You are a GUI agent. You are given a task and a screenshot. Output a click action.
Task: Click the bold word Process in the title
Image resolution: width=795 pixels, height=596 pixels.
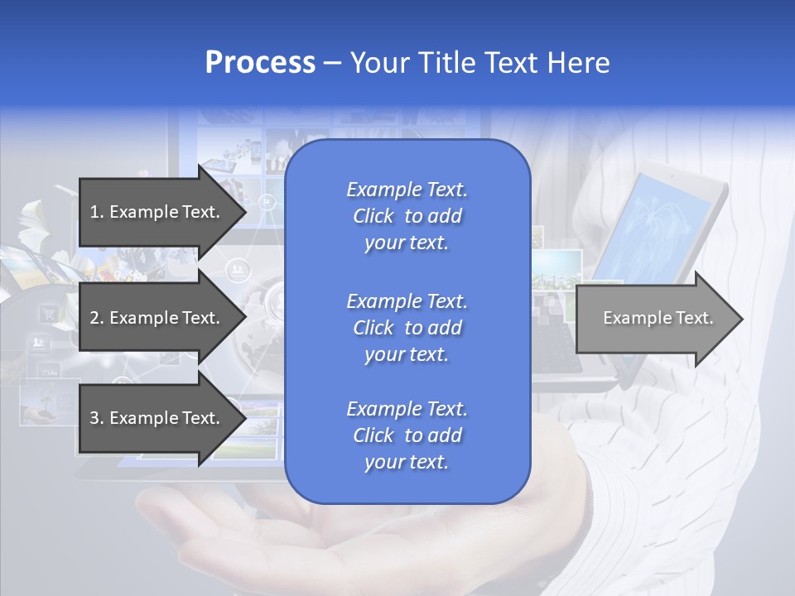[x=260, y=63]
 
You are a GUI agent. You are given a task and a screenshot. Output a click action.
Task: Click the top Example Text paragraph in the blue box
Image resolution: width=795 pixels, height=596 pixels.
[x=407, y=216]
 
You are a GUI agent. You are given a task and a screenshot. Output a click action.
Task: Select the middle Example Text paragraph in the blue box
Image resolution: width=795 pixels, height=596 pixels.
[x=407, y=328]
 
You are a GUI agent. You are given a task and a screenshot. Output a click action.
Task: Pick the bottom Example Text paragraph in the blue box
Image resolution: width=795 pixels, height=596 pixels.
[x=407, y=435]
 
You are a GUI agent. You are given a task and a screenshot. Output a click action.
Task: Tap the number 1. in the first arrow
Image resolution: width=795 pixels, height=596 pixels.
[x=96, y=212]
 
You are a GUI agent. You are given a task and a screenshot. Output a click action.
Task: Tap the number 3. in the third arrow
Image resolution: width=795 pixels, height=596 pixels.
[x=96, y=418]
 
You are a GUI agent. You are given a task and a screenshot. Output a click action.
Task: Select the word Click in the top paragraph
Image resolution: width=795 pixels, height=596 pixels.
[x=373, y=216]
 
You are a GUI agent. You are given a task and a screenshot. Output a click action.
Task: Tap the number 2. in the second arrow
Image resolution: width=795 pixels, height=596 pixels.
[x=96, y=318]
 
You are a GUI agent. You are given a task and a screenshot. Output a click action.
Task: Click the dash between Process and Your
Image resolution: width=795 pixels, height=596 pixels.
[x=332, y=63]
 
